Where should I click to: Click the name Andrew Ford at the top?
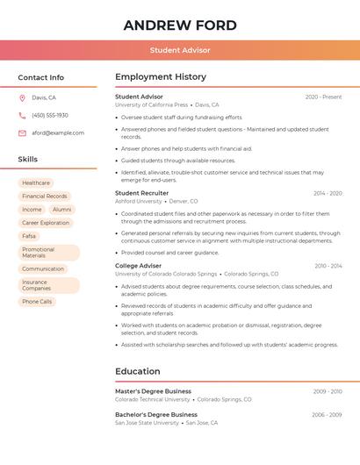click(179, 25)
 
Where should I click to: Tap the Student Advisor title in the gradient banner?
click(179, 50)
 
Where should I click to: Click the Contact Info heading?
click(40, 77)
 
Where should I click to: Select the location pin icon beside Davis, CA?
click(22, 98)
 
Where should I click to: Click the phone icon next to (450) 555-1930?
click(22, 116)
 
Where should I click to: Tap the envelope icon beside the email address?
click(22, 133)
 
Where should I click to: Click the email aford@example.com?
click(58, 133)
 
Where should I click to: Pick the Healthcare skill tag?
click(36, 183)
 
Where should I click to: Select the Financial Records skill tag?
click(45, 197)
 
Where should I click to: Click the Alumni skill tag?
click(61, 210)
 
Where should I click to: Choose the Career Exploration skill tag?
click(46, 223)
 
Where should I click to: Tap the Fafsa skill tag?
click(29, 236)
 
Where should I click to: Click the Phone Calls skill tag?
click(37, 302)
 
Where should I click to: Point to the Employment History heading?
click(161, 77)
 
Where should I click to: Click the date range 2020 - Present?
click(323, 97)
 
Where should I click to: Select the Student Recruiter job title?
click(141, 193)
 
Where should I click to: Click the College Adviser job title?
click(138, 265)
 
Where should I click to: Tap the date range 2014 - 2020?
click(328, 193)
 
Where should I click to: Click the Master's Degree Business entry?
click(153, 391)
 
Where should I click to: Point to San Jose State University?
click(147, 423)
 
